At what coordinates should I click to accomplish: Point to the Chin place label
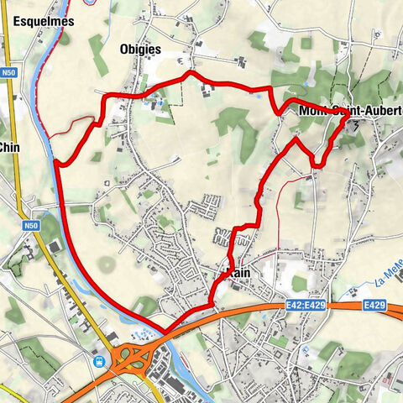[x=9, y=147]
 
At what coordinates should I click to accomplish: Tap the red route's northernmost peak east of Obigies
[x=190, y=73]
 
